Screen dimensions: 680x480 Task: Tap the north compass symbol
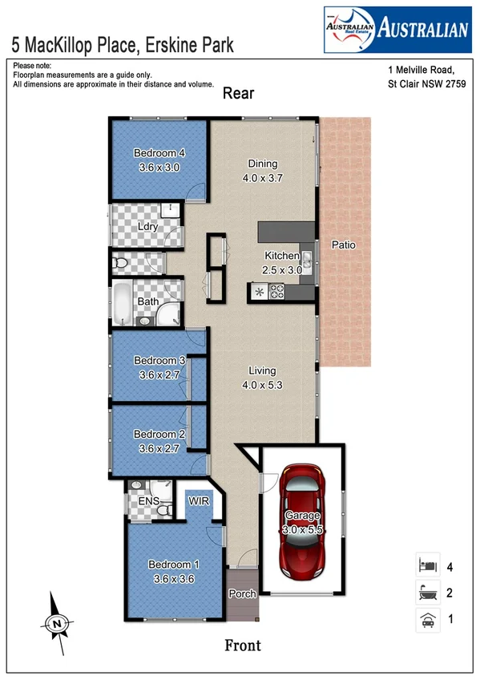55,622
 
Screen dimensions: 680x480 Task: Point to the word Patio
343,245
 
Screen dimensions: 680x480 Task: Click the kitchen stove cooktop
278,291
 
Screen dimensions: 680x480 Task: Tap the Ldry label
147,227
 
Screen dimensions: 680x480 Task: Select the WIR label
199,501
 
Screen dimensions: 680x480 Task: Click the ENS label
149,502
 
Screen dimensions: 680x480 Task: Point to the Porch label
242,594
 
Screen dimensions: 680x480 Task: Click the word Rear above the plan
238,93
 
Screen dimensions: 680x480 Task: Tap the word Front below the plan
243,644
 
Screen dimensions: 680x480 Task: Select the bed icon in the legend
426,566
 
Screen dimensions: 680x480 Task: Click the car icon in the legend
426,619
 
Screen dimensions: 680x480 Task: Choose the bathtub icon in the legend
426,593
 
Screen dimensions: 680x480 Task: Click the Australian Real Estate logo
396,29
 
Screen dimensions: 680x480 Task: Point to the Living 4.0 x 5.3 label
262,377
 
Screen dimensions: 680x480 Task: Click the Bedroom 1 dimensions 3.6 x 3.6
172,577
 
